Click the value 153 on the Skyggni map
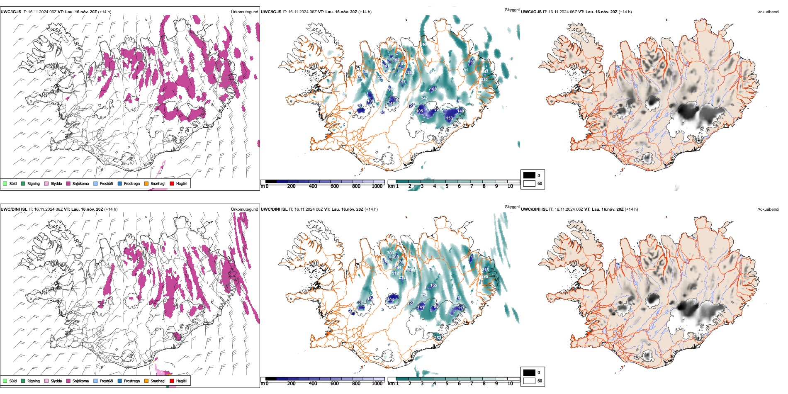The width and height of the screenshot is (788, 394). [450, 118]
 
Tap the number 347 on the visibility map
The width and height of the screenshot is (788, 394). [424, 98]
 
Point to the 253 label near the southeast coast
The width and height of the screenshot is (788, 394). [438, 338]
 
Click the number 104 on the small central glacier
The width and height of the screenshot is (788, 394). [391, 300]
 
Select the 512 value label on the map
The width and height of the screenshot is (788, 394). [395, 273]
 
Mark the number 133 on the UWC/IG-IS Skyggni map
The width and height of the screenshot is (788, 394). [471, 62]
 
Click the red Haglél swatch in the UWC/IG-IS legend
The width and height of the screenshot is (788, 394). [172, 183]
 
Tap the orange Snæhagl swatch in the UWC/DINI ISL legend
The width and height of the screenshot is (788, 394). [146, 381]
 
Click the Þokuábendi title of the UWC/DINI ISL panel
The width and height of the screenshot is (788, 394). [768, 209]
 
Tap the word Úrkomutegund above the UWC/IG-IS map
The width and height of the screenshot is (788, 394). [244, 12]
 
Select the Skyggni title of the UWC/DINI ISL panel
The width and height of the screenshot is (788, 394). [512, 207]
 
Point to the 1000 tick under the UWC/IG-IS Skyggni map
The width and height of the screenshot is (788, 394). [377, 186]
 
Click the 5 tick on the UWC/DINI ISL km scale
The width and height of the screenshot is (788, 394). [447, 384]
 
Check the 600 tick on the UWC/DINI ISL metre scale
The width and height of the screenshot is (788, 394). [334, 384]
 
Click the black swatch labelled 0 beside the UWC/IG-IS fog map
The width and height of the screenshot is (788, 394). [529, 175]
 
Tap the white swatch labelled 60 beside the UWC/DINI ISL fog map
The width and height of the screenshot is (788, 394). [529, 381]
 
